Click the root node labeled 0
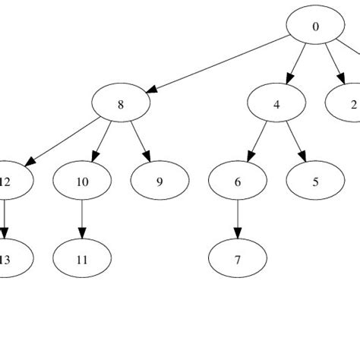[x=315, y=27]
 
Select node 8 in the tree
[x=120, y=105]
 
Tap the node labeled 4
[x=276, y=105]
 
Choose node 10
[x=82, y=182]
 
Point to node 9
[x=159, y=182]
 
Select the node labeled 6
[x=238, y=182]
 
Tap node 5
[x=315, y=182]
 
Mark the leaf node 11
[x=82, y=259]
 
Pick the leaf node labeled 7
[x=238, y=259]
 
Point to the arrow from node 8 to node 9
[x=139, y=143]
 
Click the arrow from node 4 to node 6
[x=257, y=143]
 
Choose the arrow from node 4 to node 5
[x=295, y=143]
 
